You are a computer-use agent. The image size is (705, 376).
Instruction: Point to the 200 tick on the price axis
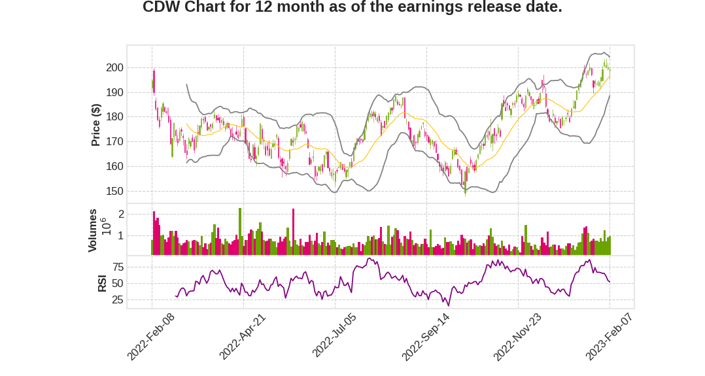pyautogui.click(x=114, y=68)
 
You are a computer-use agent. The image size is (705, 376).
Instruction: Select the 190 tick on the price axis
pyautogui.click(x=114, y=92)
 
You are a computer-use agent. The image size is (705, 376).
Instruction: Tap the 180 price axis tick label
pyautogui.click(x=114, y=117)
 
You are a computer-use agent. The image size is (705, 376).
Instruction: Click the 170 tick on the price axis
pyautogui.click(x=114, y=142)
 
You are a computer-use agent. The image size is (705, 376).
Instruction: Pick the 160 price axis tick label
pyautogui.click(x=114, y=167)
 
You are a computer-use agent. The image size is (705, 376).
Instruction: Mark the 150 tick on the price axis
pyautogui.click(x=114, y=192)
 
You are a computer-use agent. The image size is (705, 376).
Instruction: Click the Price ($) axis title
pyautogui.click(x=95, y=125)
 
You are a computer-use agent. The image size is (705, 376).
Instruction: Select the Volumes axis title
pyautogui.click(x=93, y=230)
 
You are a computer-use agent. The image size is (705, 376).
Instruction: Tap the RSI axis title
pyautogui.click(x=102, y=282)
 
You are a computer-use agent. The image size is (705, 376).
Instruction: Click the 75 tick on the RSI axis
pyautogui.click(x=118, y=267)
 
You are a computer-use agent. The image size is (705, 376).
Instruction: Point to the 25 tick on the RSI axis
pyautogui.click(x=118, y=300)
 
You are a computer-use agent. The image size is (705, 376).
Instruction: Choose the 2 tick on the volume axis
pyautogui.click(x=121, y=214)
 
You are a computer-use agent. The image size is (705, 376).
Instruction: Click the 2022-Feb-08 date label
pyautogui.click(x=151, y=336)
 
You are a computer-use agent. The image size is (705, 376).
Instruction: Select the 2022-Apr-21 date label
pyautogui.click(x=243, y=336)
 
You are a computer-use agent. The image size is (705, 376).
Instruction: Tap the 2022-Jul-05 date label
pyautogui.click(x=334, y=336)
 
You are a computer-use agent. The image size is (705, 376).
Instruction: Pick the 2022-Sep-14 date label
pyautogui.click(x=426, y=336)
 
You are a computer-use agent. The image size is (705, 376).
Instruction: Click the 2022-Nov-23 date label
pyautogui.click(x=517, y=336)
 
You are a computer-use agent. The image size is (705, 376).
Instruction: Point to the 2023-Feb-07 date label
pyautogui.click(x=609, y=336)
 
